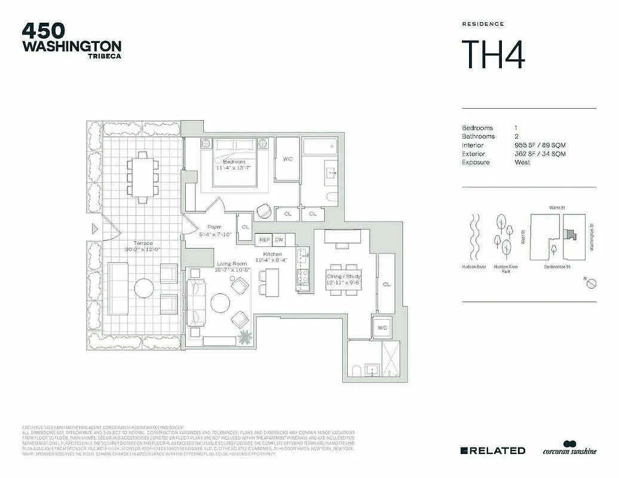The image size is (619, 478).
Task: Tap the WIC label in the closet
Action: pos(287,159)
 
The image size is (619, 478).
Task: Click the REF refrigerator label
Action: pos(264,240)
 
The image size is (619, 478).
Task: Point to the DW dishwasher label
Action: pos(279,240)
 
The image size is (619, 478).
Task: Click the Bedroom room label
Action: pos(234,162)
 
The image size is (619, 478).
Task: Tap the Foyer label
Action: pos(214,227)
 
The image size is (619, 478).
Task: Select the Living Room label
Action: pos(232,263)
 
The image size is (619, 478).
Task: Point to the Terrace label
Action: pos(143,243)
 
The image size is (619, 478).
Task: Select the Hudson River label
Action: pos(473,267)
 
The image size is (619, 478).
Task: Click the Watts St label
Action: pos(557,207)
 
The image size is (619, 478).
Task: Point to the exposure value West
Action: pos(522,163)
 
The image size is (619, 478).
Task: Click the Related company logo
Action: pos(493,451)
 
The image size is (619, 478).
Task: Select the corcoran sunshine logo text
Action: pos(569,452)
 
